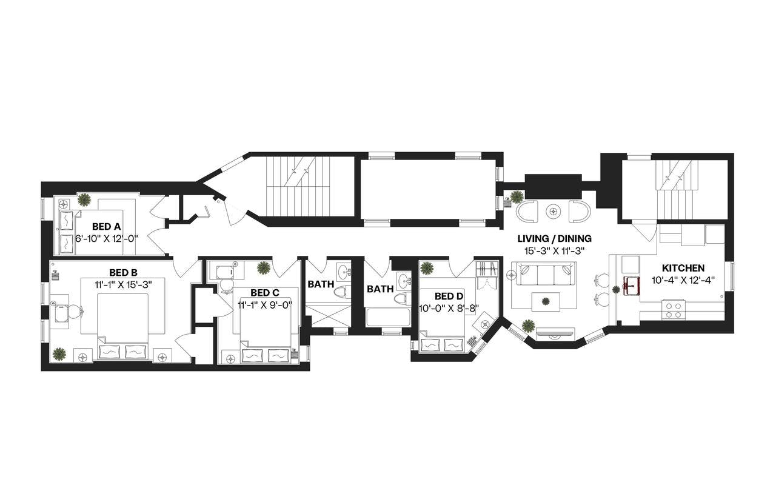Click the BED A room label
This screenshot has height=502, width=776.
106,227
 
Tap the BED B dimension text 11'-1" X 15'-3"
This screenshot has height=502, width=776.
124,285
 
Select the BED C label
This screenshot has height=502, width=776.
265,293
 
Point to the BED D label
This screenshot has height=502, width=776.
449,296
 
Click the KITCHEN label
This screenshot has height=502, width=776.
683,268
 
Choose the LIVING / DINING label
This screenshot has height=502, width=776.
555,239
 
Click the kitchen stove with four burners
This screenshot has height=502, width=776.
674,310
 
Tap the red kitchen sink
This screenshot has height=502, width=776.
632,286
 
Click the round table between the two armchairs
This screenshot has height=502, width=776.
554,211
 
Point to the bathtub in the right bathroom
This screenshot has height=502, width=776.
388,317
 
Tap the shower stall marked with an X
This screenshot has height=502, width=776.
327,315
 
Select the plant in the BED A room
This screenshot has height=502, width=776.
84,199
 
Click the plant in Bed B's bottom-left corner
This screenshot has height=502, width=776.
59,355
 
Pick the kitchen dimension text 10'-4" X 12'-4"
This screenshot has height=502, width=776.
683,280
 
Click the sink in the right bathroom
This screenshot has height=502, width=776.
404,279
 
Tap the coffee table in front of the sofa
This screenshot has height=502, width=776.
546,302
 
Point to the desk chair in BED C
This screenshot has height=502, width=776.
226,286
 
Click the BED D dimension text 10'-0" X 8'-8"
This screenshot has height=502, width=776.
449,309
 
